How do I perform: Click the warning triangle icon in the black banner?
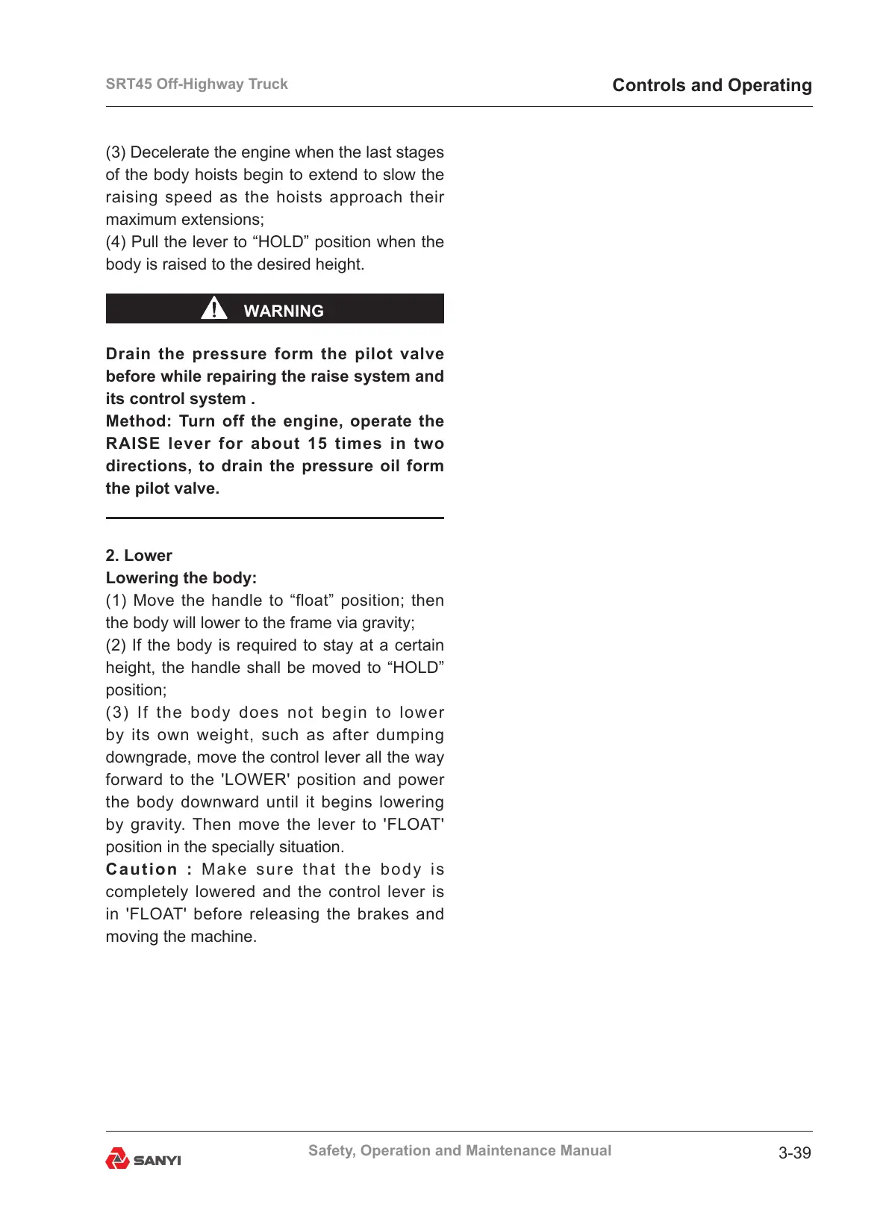214,308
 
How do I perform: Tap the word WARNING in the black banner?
284,311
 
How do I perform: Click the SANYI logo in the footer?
143,1159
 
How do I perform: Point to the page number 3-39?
794,1152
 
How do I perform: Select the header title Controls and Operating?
711,85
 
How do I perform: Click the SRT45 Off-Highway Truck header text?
196,84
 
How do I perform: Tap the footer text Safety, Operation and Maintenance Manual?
459,1150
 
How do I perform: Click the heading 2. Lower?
139,556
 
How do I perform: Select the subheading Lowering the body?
181,578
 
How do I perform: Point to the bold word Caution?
142,869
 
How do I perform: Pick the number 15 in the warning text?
317,444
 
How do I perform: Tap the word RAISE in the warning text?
133,444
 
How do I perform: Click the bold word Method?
139,421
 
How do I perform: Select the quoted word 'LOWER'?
255,780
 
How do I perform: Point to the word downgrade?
149,757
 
